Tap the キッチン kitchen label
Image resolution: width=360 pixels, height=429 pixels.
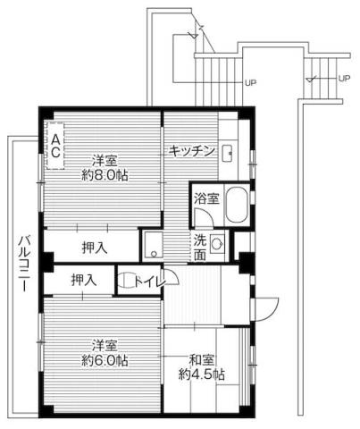(191, 151)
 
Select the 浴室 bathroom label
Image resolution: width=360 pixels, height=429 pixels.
(205, 198)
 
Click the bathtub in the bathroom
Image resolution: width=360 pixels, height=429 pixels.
(237, 207)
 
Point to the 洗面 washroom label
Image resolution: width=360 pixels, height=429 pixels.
(202, 246)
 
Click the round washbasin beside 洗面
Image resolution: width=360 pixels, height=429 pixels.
(217, 242)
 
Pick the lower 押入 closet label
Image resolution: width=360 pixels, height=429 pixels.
(83, 280)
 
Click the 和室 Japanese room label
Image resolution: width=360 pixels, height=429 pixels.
(201, 360)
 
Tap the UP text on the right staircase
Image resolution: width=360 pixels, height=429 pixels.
(343, 79)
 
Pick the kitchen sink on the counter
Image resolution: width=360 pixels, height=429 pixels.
(227, 151)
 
